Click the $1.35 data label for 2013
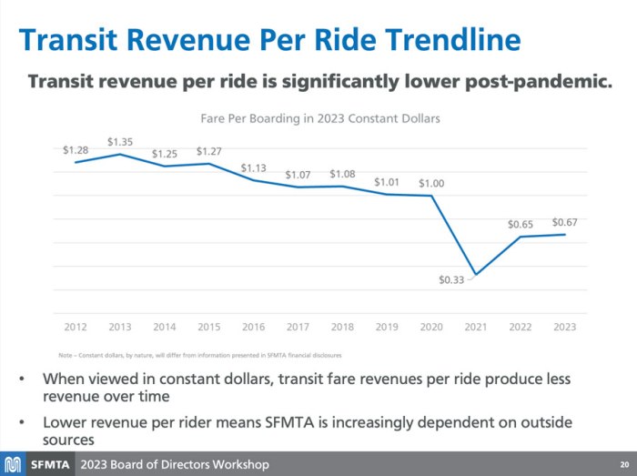click(x=120, y=142)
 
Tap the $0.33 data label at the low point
click(x=451, y=279)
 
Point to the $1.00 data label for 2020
click(x=431, y=184)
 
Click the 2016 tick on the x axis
click(x=253, y=326)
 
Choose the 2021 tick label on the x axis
click(x=476, y=326)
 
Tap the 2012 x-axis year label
click(x=76, y=326)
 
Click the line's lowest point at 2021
click(x=476, y=275)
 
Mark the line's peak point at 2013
click(x=120, y=154)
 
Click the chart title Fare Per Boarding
click(x=319, y=118)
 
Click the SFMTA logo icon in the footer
click(x=13, y=464)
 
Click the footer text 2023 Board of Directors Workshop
click(x=175, y=464)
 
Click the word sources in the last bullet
click(x=68, y=439)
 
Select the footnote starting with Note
click(x=200, y=354)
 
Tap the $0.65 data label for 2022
click(x=521, y=224)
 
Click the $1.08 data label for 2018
click(x=342, y=174)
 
